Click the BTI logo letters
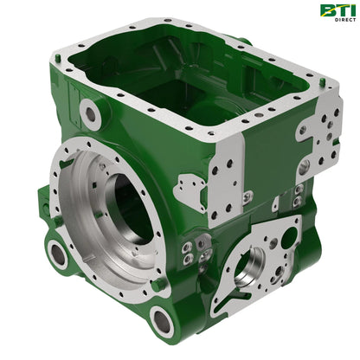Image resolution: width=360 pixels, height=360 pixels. (x=337, y=10)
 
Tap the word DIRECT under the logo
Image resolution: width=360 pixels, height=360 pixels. (x=345, y=20)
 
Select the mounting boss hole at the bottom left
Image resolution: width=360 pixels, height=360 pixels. (x=58, y=254)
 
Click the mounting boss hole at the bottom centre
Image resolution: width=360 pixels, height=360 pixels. (x=162, y=320)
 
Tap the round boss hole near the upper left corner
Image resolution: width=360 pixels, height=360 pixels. (x=90, y=114)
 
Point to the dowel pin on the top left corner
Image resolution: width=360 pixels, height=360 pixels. (x=58, y=57)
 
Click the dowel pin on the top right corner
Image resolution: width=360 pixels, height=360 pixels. (x=323, y=81)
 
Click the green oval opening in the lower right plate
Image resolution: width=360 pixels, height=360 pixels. (x=288, y=238)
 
